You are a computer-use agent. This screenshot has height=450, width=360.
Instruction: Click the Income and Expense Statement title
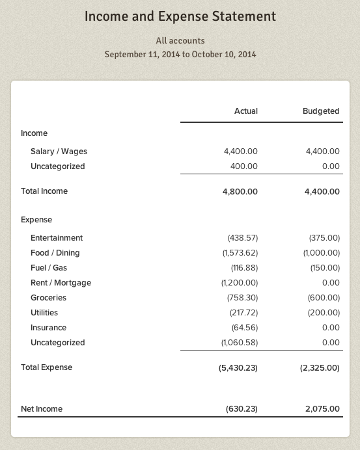pos(180,17)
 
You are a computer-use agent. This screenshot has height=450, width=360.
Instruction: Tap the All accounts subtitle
pos(180,40)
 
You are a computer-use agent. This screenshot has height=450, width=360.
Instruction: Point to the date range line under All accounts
pos(180,54)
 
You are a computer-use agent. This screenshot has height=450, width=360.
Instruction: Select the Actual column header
pos(245,111)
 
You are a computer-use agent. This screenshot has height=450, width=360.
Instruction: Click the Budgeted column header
pos(321,111)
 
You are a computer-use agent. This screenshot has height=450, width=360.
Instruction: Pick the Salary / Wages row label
pos(59,152)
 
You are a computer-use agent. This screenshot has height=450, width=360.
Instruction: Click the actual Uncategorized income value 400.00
pos(244,166)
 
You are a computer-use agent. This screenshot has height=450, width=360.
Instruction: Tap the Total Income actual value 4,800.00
pos(240,191)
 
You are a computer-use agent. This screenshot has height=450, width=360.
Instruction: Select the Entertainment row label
pos(57,238)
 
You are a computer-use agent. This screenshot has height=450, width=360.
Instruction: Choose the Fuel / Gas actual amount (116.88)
pos(244,268)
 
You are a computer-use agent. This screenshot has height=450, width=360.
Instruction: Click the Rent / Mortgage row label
pos(61,283)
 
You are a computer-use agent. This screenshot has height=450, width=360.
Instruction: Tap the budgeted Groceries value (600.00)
pos(324,298)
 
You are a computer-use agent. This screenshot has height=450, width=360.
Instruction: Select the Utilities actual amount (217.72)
pos(244,313)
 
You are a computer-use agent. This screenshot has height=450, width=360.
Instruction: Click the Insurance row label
pos(48,328)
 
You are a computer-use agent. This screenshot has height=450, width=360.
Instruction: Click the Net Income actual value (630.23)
pos(242,409)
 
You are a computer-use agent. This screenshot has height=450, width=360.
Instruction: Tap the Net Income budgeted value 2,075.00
pos(322,409)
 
